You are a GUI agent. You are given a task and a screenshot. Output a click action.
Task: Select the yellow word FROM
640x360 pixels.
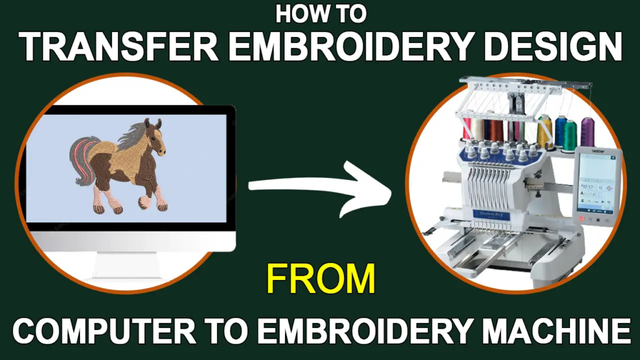point(321,281)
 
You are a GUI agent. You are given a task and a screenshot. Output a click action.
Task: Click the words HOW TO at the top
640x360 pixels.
point(321,13)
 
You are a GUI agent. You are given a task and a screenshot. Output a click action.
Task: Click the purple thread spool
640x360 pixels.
point(587,132)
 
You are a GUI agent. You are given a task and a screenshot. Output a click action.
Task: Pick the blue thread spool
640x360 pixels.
point(561,129)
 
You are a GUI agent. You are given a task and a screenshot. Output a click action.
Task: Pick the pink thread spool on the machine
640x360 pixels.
point(467,129)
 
